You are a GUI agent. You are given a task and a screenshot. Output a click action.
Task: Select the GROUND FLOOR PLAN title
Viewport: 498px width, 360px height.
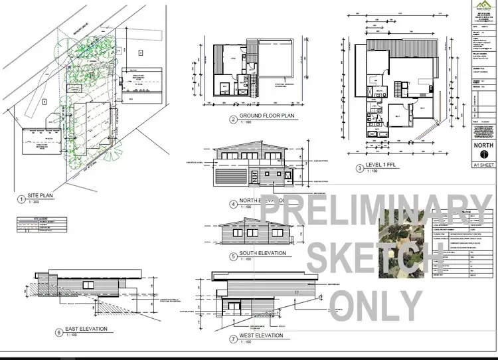click(262, 119)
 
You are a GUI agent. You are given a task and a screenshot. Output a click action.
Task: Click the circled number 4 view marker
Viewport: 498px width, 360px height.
click(233, 203)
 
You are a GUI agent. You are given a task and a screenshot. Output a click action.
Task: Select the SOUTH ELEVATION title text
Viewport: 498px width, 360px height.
click(264, 253)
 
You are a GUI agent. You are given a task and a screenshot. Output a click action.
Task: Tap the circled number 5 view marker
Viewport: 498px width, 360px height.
click(233, 256)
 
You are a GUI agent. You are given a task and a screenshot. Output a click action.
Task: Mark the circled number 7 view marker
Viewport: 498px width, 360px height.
click(233, 337)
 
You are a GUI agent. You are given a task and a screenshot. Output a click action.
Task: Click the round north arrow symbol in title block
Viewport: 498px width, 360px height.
click(481, 153)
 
